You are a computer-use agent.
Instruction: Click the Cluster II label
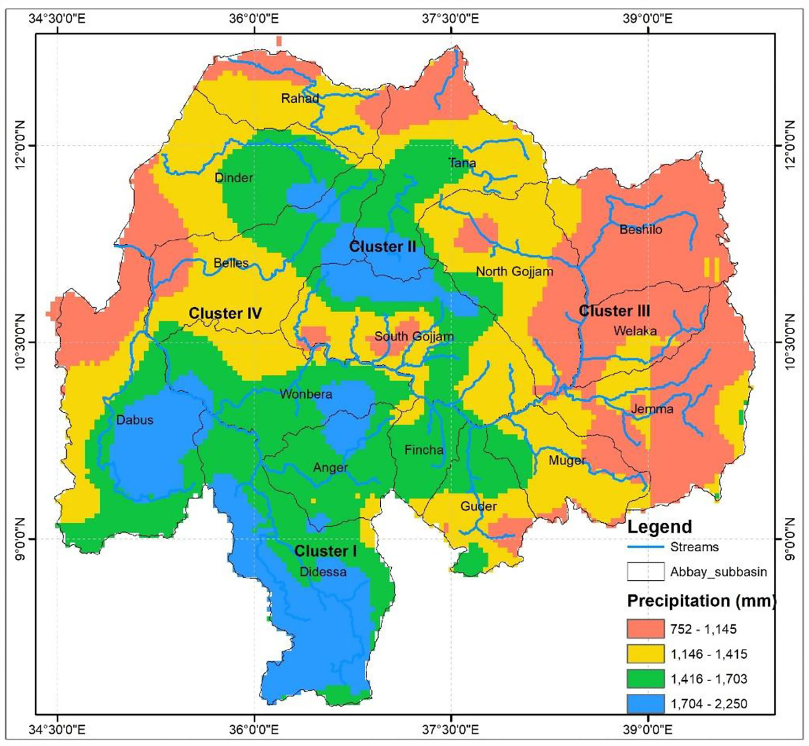[382, 247]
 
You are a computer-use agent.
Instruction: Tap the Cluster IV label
[225, 313]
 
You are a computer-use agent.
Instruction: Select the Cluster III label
[614, 311]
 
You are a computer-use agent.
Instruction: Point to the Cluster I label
[325, 551]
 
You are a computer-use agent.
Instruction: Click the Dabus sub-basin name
[135, 420]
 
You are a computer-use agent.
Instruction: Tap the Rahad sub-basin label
[299, 98]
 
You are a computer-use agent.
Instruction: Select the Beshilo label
[641, 230]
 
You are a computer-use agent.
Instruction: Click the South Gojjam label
[414, 336]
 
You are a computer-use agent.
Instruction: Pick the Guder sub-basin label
[478, 506]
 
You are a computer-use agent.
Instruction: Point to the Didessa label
[323, 572]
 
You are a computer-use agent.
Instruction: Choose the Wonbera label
[306, 394]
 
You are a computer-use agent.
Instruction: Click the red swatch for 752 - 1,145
[645, 629]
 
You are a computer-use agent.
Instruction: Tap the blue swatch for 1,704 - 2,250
[645, 704]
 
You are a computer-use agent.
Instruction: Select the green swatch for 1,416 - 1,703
[645, 679]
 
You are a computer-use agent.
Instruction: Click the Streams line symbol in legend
[645, 547]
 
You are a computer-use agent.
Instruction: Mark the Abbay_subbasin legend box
[645, 572]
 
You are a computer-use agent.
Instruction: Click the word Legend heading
[659, 527]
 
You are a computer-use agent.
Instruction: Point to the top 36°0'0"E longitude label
[254, 19]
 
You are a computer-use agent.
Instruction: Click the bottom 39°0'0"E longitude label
[648, 729]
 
